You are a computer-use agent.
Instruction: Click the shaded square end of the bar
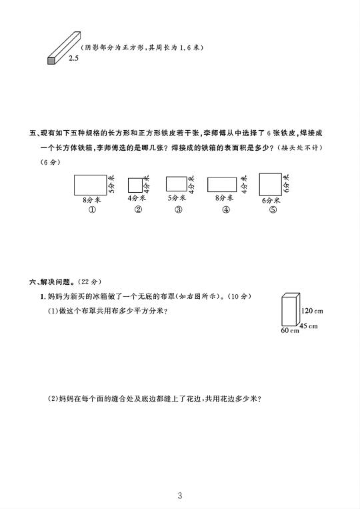[x=51, y=61]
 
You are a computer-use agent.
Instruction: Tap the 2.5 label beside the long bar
[x=73, y=58]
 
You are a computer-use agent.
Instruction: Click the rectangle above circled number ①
[x=91, y=185]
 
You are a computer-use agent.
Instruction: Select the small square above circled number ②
[x=135, y=185]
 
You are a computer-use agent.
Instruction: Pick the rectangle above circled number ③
[x=177, y=184]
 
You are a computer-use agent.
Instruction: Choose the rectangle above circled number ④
[x=222, y=185]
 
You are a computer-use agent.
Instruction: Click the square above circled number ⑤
[x=271, y=184]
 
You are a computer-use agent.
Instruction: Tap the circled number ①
[x=93, y=209]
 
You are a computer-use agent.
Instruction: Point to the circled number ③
[x=179, y=209]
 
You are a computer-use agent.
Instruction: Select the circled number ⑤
[x=273, y=209]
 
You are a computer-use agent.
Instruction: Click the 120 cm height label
[x=312, y=311]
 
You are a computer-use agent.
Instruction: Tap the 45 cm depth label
[x=309, y=326]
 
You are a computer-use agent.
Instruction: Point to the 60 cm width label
[x=289, y=330]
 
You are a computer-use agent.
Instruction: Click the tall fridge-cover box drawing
[x=291, y=310]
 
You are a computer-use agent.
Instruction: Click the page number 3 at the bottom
[x=180, y=496]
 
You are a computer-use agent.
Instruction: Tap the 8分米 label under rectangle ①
[x=92, y=200]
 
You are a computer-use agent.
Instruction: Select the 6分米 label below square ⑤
[x=271, y=201]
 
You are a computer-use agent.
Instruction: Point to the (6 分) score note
[x=50, y=162]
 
